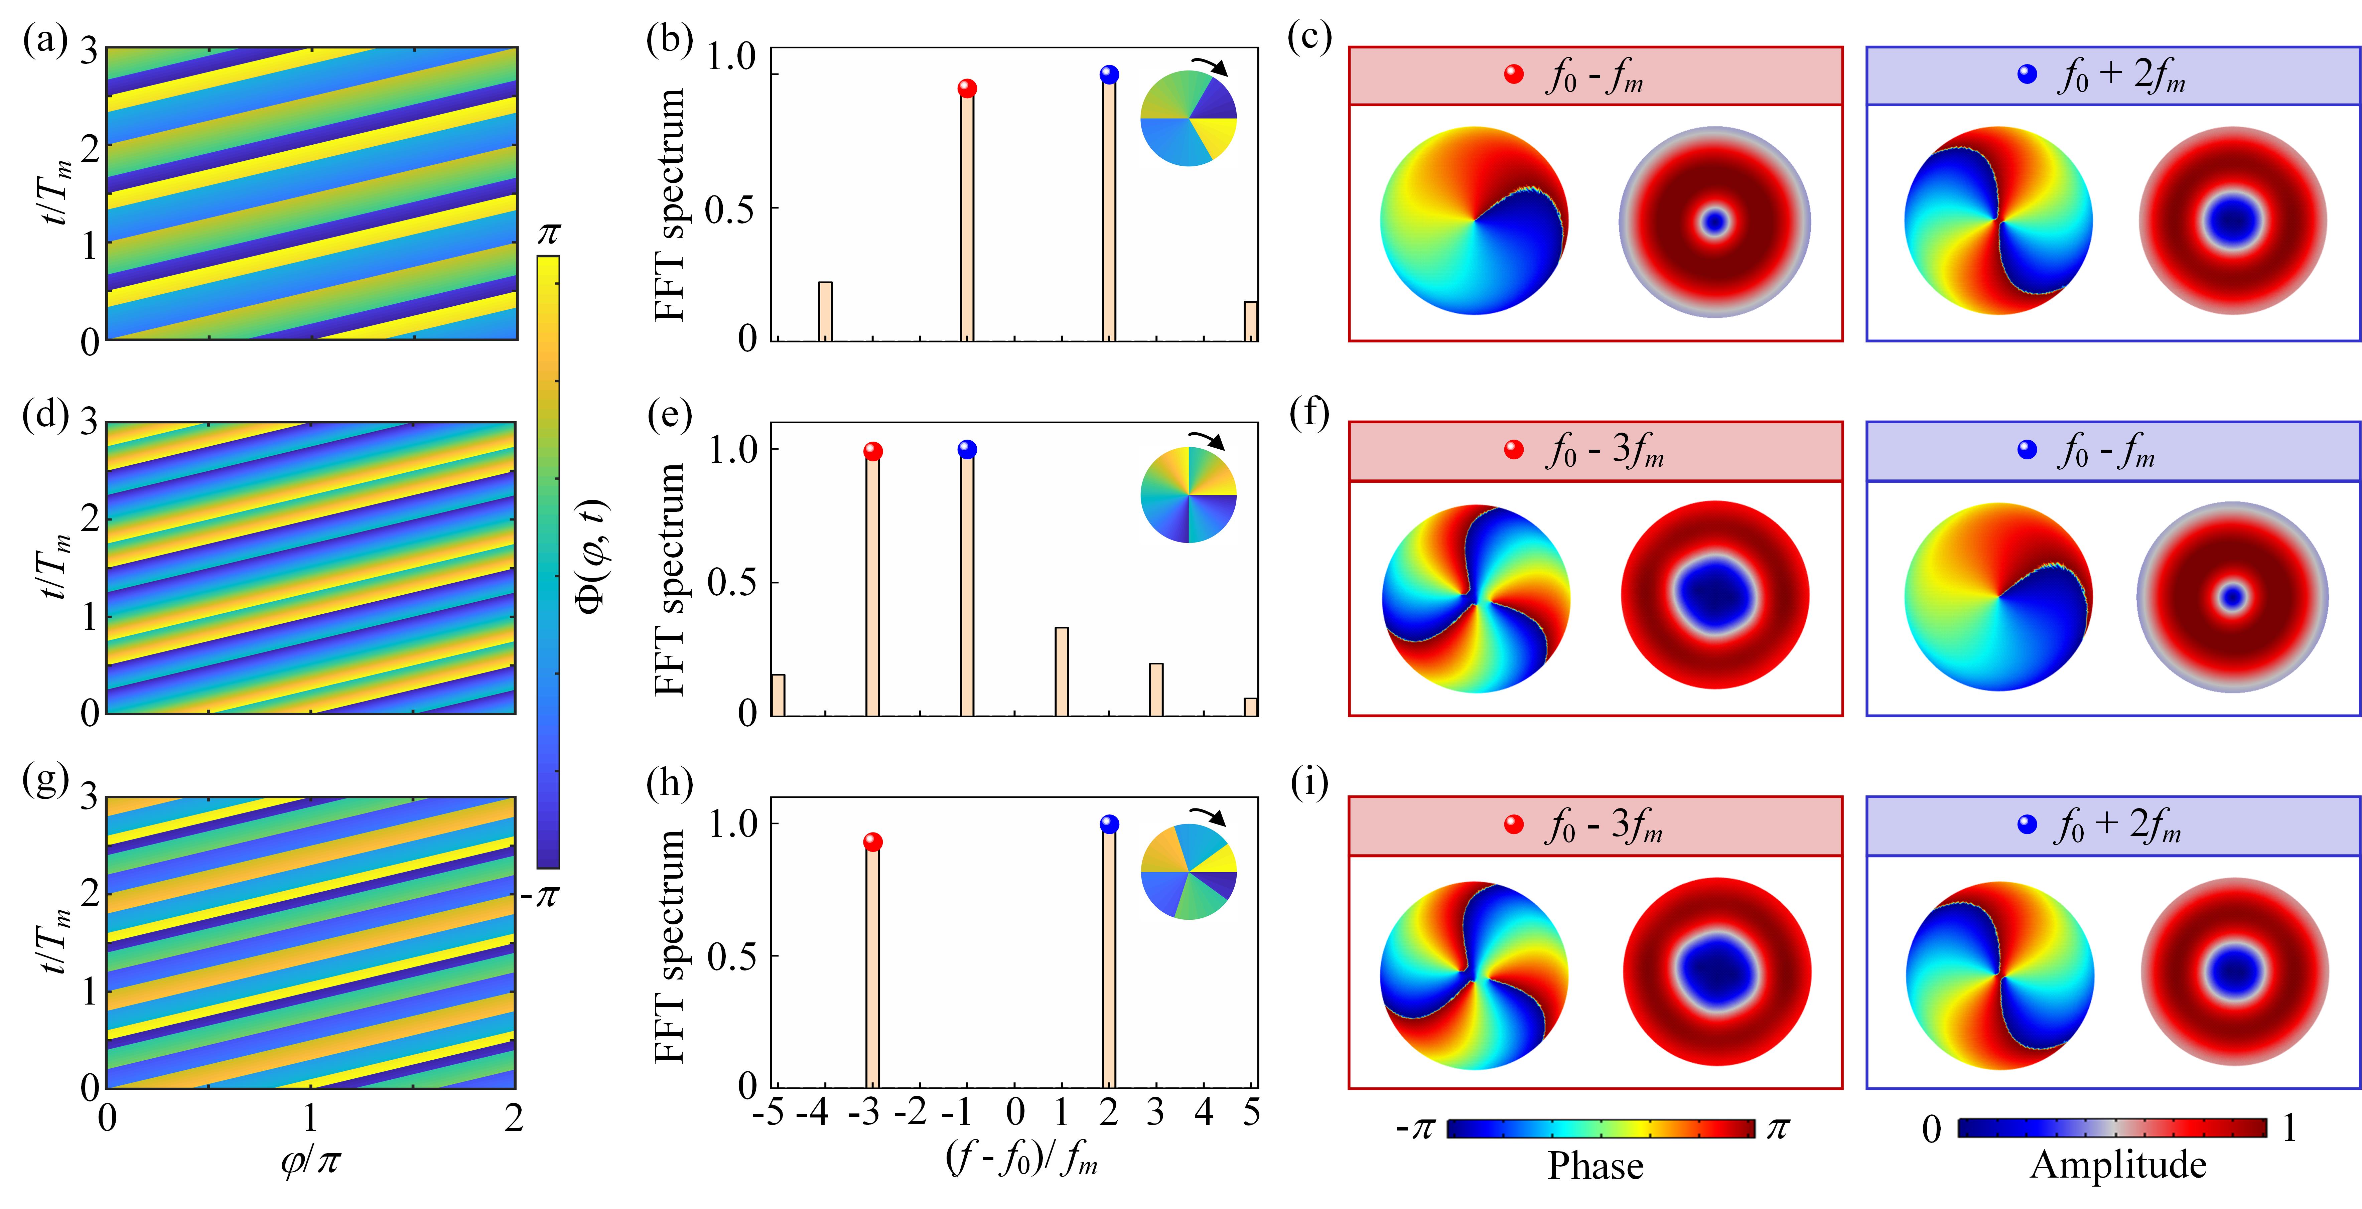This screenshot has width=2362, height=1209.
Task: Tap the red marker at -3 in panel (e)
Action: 873,451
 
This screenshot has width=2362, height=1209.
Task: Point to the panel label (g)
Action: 46,781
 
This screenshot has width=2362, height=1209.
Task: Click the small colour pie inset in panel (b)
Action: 1188,119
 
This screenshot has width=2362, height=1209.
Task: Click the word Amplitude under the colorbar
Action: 2118,1165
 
